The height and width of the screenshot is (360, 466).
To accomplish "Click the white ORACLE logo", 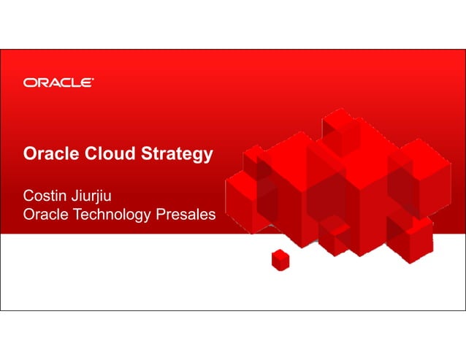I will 58,82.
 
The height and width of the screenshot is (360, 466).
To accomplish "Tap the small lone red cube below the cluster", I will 280,258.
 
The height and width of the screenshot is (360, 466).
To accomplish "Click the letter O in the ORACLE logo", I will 30,82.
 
